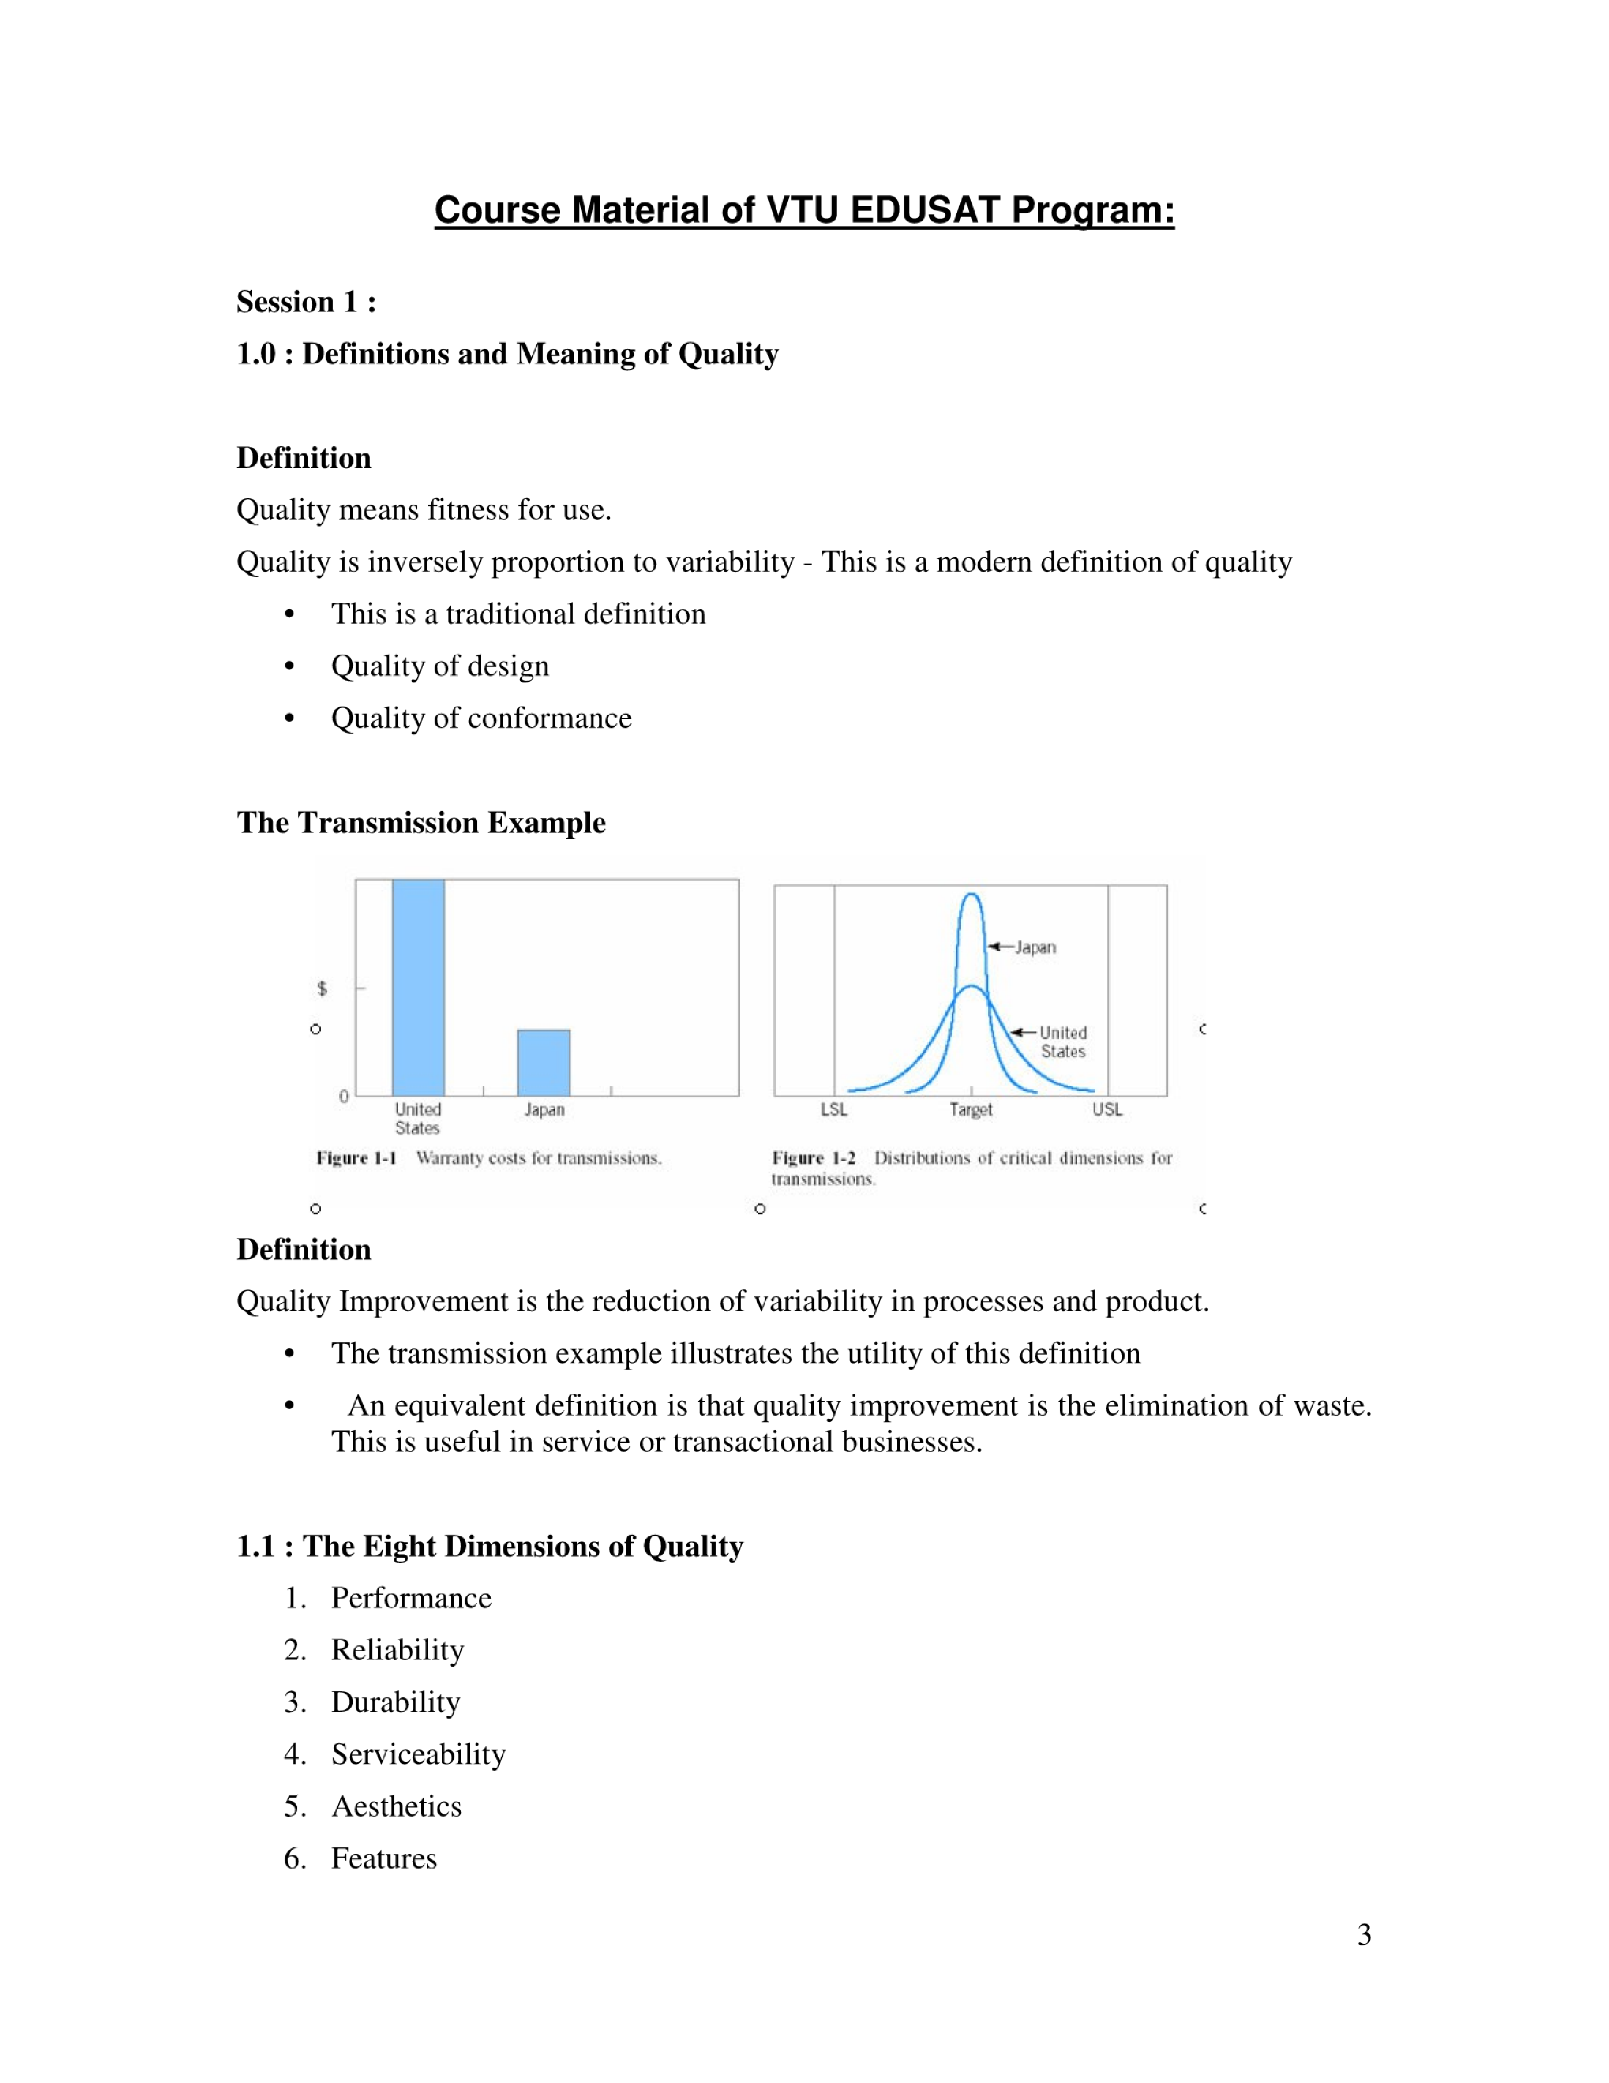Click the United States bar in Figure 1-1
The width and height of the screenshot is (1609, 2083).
pos(418,987)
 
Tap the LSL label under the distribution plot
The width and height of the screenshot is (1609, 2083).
pos(833,1109)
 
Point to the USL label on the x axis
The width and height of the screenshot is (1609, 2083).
pos(1107,1109)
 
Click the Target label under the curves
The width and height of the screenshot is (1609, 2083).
pos(971,1109)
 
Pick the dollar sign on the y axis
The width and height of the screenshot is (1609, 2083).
pos(322,988)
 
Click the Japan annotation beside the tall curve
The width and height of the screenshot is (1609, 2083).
pos(1035,947)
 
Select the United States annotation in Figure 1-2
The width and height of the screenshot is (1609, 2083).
pos(1062,1041)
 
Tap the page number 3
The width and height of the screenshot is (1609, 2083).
pos(1364,1934)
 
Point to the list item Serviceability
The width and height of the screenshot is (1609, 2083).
pos(418,1754)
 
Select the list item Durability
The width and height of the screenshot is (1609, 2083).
pos(396,1702)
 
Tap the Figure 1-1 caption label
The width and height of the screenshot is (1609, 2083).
pos(356,1158)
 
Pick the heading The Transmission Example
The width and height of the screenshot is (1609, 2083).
pos(421,822)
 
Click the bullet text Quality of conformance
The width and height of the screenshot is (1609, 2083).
pos(481,718)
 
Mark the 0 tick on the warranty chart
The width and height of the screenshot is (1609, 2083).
pos(344,1097)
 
